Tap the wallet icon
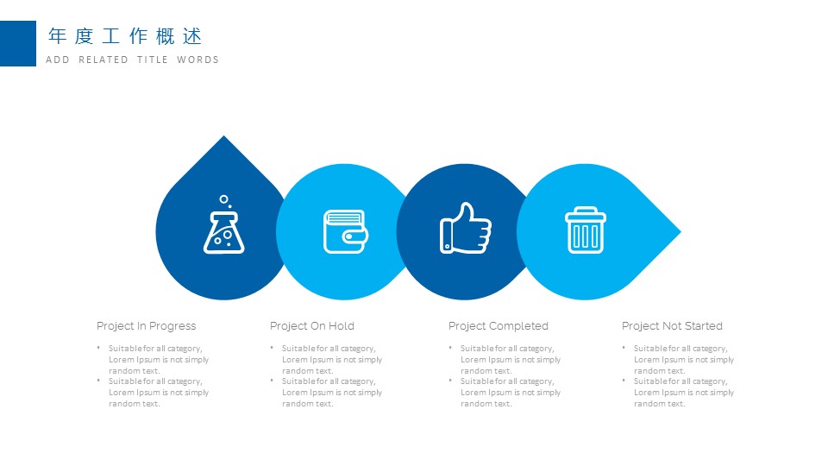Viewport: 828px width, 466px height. [346, 231]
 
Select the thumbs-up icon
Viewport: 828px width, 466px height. [465, 228]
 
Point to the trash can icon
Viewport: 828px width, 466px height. [586, 230]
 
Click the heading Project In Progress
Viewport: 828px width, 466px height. [147, 326]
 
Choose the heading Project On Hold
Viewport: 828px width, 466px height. [312, 326]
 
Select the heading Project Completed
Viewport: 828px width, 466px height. [499, 326]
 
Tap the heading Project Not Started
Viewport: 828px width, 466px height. [672, 326]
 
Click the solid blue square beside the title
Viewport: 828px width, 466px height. [18, 43]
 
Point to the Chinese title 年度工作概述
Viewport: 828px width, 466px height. [125, 36]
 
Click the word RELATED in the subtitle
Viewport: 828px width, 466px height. [103, 60]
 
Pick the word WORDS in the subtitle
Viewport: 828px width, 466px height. [198, 60]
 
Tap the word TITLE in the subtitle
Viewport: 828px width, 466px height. [153, 60]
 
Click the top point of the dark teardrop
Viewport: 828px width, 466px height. [224, 135]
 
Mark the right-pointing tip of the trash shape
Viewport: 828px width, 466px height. [681, 231]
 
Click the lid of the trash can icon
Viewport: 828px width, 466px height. [586, 213]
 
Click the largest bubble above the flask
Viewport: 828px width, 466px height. [224, 199]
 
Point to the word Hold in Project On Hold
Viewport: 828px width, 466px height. [342, 326]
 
